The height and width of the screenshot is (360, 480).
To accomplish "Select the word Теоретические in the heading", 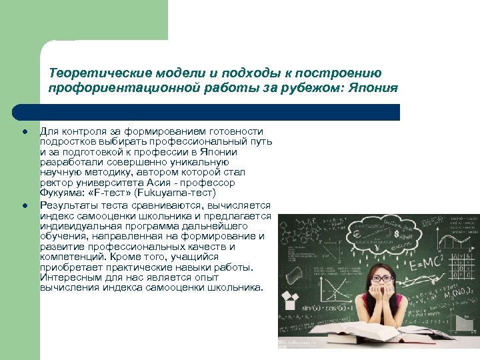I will click(x=90, y=73).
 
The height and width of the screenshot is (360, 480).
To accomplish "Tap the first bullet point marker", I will click(x=23, y=132).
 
